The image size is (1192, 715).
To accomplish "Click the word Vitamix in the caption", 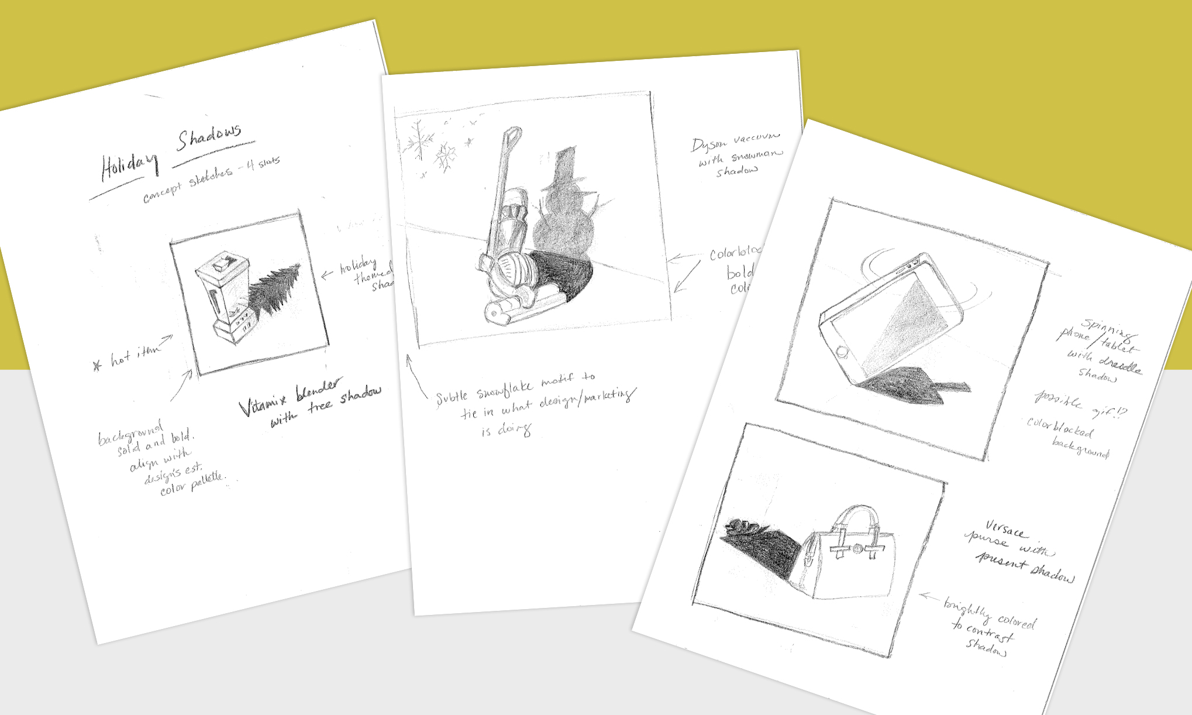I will (263, 404).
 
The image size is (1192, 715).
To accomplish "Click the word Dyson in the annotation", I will (708, 145).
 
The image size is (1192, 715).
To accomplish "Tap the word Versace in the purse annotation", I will (1004, 529).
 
